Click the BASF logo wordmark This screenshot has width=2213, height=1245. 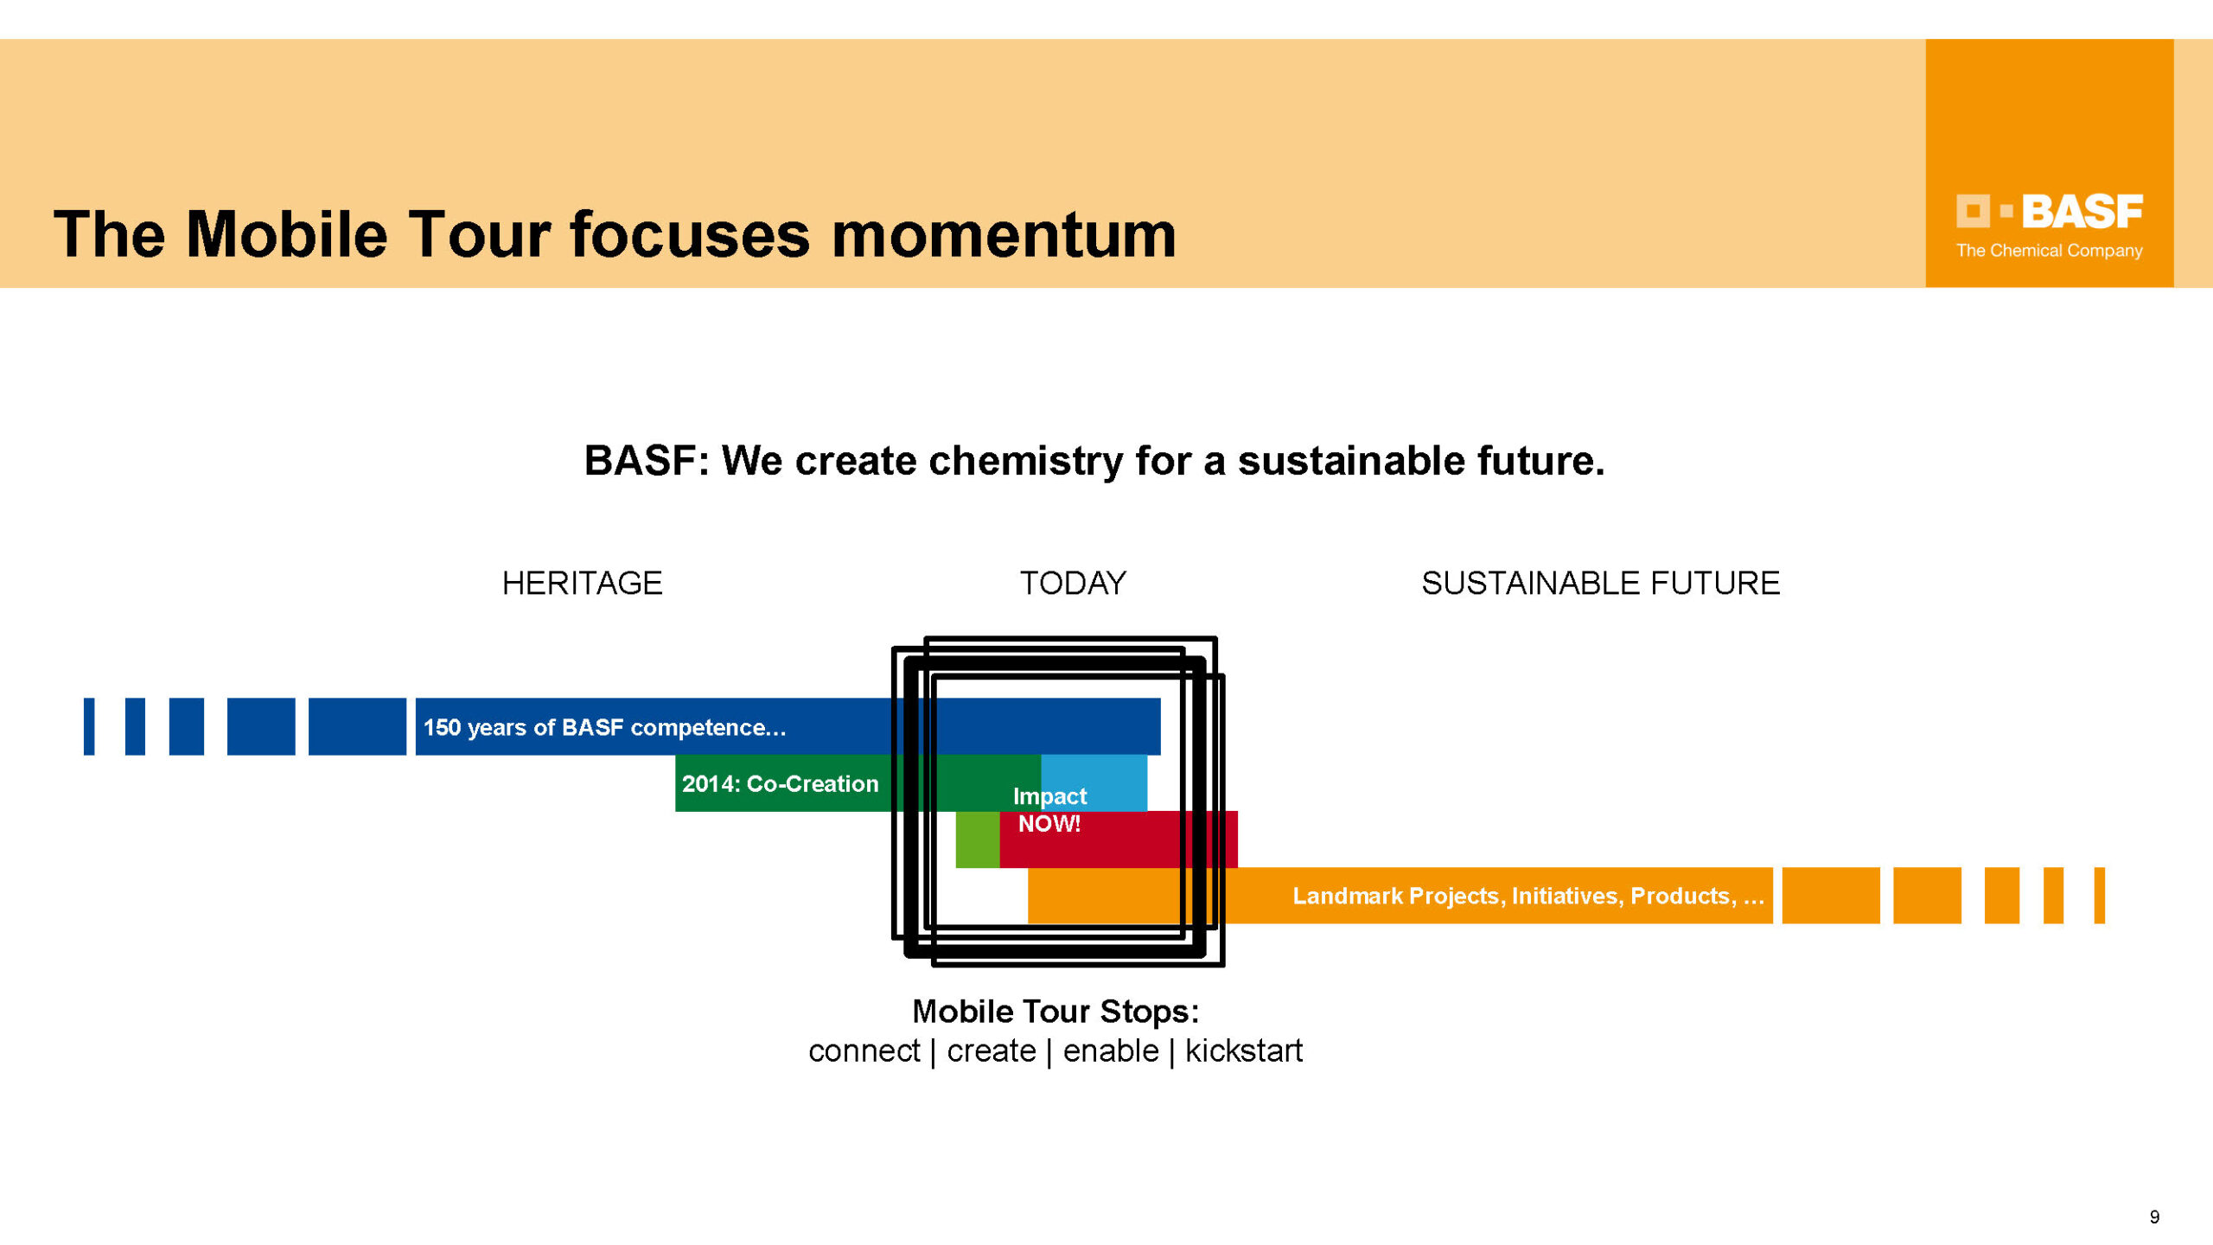tap(2082, 212)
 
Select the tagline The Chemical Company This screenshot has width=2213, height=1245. tap(2049, 251)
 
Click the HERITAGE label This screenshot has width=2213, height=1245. tap(582, 584)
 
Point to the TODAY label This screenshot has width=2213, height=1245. tap(1073, 584)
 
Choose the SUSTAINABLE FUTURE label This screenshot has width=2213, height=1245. tap(1600, 584)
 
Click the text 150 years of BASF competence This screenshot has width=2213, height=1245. tap(604, 727)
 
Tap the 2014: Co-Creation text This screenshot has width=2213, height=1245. tap(780, 783)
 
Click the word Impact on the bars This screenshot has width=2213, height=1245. tap(1049, 796)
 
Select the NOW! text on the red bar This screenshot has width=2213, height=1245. tap(1049, 824)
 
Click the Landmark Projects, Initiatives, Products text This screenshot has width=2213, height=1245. tap(1527, 896)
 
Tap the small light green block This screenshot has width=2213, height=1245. tap(977, 840)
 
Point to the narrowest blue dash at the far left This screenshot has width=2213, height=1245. tap(89, 726)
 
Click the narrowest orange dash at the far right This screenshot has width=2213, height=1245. tap(2099, 896)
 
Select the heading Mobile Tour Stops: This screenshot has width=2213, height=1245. tap(1055, 1011)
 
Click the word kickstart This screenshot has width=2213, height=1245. tap(1243, 1051)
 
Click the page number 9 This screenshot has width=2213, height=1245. tap(2154, 1217)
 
